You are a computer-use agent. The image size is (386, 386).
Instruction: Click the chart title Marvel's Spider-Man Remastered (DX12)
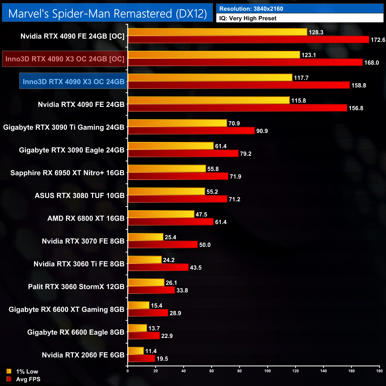(x=107, y=14)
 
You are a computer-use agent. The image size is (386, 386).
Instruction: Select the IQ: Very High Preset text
(x=248, y=18)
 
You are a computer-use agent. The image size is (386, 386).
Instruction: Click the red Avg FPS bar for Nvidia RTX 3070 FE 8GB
(x=163, y=245)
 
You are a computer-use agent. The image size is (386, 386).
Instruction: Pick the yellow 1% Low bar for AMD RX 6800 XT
(x=161, y=214)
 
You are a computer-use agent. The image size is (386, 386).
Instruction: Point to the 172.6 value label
(x=378, y=40)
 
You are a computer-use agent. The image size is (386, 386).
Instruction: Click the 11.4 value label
(x=151, y=351)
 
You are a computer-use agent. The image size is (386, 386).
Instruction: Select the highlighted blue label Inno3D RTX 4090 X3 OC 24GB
(x=73, y=82)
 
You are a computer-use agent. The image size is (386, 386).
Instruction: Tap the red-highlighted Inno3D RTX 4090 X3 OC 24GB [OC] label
(x=65, y=59)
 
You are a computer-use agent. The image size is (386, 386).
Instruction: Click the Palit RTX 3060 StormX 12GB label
(x=76, y=287)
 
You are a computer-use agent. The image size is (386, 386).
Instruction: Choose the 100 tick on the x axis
(x=268, y=371)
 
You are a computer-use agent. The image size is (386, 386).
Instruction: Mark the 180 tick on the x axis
(x=379, y=371)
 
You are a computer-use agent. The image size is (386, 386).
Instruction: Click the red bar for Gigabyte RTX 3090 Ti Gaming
(x=191, y=131)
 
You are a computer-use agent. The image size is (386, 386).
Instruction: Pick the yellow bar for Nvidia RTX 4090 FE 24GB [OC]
(x=217, y=32)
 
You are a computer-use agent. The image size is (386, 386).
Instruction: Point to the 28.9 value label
(x=175, y=313)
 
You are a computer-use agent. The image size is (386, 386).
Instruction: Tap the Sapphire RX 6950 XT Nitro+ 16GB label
(x=67, y=173)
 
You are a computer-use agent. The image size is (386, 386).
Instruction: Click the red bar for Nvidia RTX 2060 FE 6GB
(x=141, y=358)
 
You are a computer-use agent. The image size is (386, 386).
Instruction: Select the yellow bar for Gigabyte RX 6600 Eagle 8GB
(x=137, y=328)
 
